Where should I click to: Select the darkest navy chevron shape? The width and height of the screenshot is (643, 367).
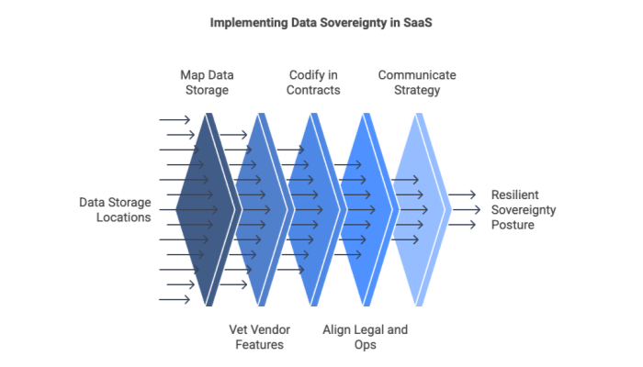coord(208,209)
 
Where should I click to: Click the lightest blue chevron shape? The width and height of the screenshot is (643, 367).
coord(420,209)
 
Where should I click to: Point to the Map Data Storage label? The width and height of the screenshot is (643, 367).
coord(207,82)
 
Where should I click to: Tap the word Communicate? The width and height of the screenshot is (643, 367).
coord(417,74)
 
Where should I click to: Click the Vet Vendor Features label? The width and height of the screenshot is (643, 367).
coord(260,337)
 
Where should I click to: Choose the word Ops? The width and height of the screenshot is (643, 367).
coord(366,344)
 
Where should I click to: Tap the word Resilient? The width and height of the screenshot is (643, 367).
coord(514,195)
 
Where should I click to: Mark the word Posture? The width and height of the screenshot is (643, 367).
coord(512,225)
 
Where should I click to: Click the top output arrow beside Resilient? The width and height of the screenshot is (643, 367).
coord(463,195)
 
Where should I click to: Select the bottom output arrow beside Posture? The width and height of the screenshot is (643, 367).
coord(463,225)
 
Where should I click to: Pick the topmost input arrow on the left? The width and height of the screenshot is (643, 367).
coord(175,120)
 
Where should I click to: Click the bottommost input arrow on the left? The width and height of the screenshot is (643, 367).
coord(175,299)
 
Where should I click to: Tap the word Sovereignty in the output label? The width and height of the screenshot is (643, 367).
coord(524,209)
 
